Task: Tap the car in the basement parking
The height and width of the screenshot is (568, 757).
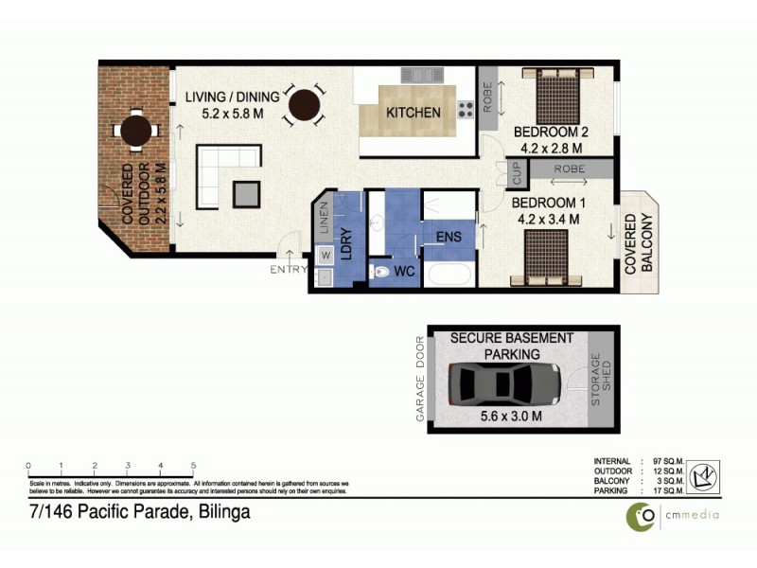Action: point(499,384)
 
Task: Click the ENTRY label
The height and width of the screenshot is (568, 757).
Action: point(289,270)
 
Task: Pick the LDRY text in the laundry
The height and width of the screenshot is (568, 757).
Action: point(347,240)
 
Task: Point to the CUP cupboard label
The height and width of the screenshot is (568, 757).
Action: point(517,173)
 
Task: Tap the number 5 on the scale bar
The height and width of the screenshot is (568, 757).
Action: point(193,466)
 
